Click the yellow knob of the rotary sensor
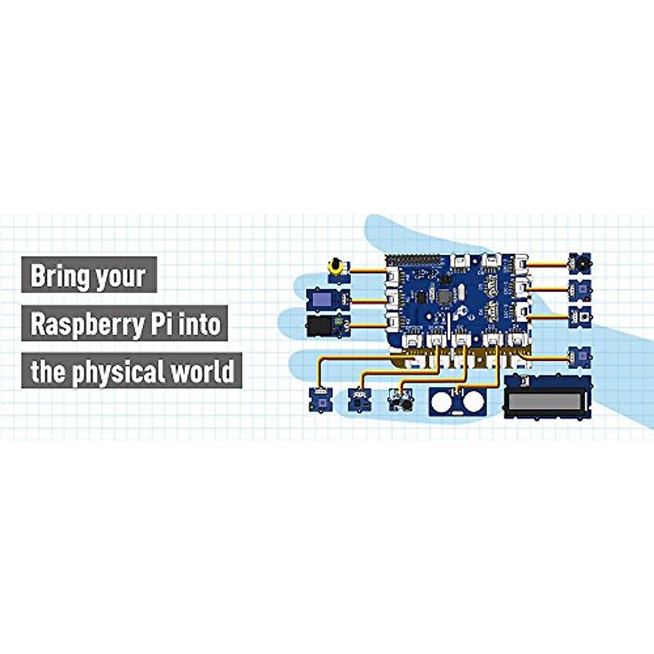coord(334,267)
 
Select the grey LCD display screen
coord(547,402)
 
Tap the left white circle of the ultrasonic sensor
coord(443,402)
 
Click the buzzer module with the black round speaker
coord(579,264)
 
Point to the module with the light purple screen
coord(323,299)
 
